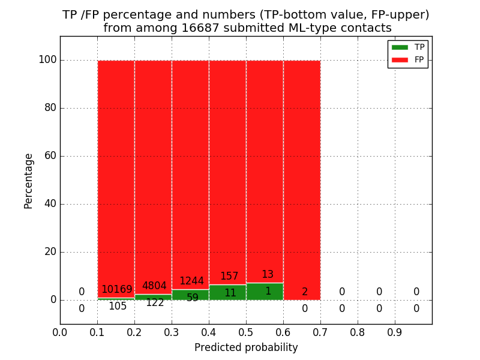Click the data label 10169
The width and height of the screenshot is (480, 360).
tap(116, 290)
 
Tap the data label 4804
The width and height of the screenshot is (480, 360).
tap(154, 286)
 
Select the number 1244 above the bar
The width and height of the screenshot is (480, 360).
tap(191, 281)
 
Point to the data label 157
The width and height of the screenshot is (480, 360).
tap(229, 277)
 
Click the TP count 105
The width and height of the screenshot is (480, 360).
tap(118, 307)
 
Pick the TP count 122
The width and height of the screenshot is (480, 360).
tap(155, 303)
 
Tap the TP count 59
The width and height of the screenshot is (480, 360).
tap(193, 298)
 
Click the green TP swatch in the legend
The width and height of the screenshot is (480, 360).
tap(400, 47)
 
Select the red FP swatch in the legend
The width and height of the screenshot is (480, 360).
tap(400, 59)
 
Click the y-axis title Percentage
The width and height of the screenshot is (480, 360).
tap(28, 181)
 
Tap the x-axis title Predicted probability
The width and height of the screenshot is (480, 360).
tap(246, 347)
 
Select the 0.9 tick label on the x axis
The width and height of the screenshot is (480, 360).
tap(395, 331)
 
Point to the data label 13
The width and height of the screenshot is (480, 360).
tap(268, 275)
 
